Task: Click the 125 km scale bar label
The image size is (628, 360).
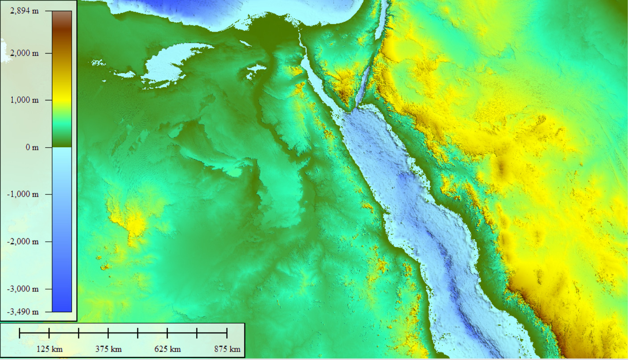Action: (49, 349)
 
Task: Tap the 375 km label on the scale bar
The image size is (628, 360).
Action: (108, 349)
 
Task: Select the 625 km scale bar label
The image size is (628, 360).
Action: (168, 349)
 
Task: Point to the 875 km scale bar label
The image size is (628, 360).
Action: (227, 349)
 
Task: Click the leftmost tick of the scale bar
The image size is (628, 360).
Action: (20, 333)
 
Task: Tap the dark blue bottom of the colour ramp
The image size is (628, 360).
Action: (62, 308)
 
